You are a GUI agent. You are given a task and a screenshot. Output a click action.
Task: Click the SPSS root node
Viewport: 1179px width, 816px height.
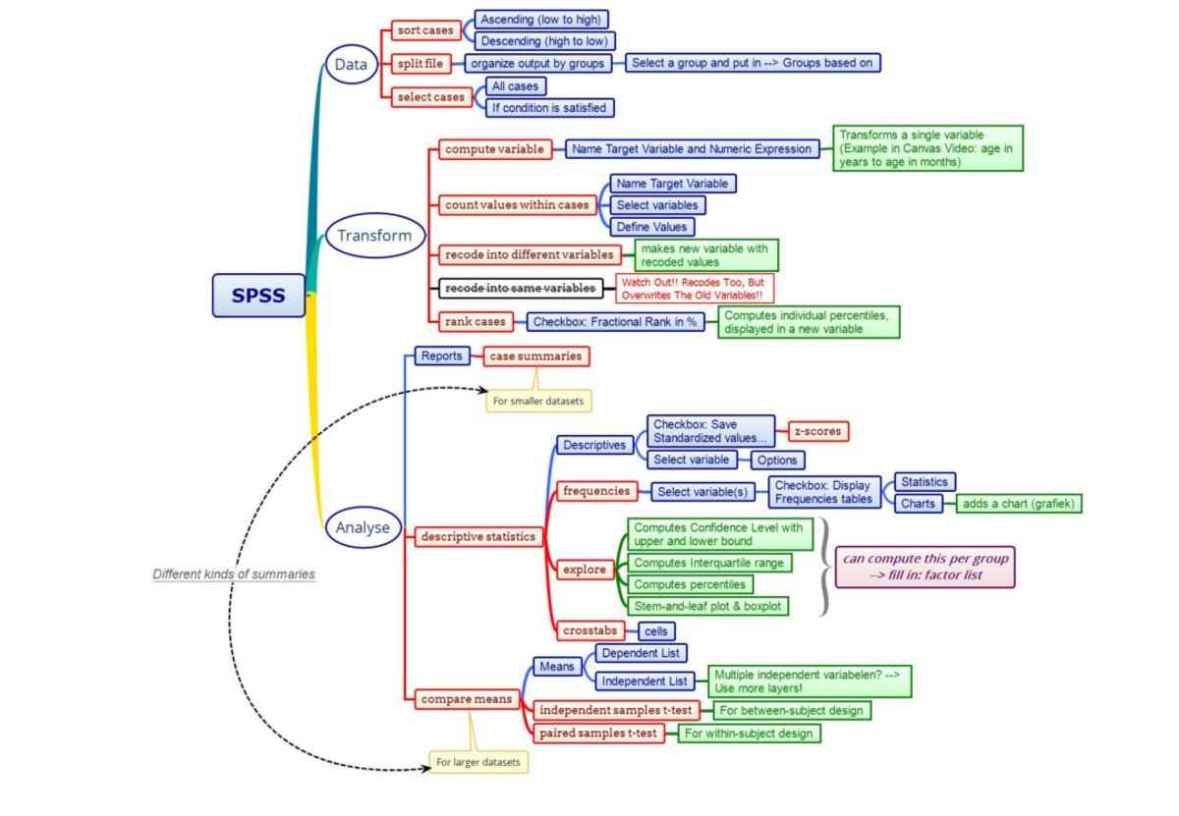(258, 296)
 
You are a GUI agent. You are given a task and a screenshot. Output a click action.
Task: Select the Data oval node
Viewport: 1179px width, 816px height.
(351, 66)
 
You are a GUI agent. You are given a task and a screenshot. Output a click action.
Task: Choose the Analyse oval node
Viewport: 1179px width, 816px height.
(363, 527)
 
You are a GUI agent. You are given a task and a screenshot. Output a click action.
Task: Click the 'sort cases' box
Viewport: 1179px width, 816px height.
(424, 30)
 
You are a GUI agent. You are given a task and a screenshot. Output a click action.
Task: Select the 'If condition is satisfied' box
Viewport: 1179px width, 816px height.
(548, 107)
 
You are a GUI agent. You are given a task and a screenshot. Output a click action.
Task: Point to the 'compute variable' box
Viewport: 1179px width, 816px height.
(494, 149)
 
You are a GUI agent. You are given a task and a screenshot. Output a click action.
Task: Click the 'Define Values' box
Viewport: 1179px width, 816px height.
(651, 227)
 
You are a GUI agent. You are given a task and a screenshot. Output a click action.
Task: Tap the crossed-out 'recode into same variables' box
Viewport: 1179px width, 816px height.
(520, 288)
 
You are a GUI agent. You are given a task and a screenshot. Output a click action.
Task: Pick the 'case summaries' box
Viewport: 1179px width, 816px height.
(535, 356)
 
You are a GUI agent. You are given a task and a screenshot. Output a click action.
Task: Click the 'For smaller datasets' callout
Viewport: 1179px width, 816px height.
(539, 401)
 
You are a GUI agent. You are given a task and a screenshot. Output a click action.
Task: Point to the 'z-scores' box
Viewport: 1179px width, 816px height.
(818, 430)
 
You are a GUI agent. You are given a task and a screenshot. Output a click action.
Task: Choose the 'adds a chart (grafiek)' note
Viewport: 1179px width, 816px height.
(1019, 504)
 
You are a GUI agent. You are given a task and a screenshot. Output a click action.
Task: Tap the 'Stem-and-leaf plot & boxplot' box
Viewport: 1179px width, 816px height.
(707, 606)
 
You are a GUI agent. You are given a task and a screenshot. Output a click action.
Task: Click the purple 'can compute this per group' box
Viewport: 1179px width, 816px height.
(925, 567)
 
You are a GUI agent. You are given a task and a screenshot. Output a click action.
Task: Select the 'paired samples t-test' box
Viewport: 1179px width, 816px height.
(597, 733)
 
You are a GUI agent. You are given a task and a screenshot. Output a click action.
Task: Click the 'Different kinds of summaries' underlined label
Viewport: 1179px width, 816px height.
(234, 574)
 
